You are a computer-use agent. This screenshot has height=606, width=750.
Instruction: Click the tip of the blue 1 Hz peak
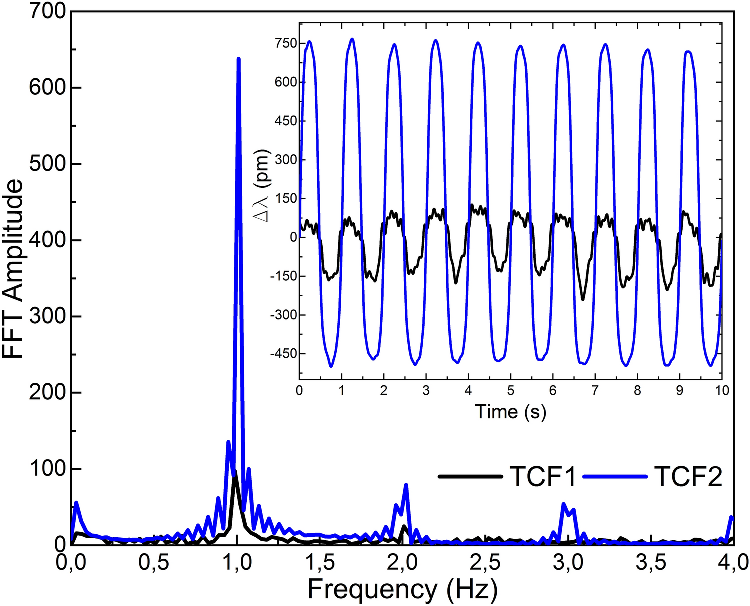point(238,59)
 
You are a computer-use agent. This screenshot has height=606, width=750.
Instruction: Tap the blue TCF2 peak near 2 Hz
point(406,485)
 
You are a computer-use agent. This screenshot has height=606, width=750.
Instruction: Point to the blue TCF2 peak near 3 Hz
point(564,504)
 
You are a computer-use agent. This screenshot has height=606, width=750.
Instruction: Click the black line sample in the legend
point(470,476)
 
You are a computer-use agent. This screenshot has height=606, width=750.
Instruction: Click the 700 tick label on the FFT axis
point(48,11)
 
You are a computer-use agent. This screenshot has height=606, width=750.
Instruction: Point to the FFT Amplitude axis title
point(13,269)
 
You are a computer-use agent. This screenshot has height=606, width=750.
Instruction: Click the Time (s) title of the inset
point(510,412)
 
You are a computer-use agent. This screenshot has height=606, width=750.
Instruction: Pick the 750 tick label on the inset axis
point(285,43)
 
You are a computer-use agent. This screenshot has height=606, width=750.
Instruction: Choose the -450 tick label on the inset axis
point(283,354)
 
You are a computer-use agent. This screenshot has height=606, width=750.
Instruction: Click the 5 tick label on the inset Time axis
point(510,391)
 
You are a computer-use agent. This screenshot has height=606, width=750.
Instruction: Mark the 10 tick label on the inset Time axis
point(722,391)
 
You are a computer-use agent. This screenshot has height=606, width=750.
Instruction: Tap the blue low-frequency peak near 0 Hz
point(76,502)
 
